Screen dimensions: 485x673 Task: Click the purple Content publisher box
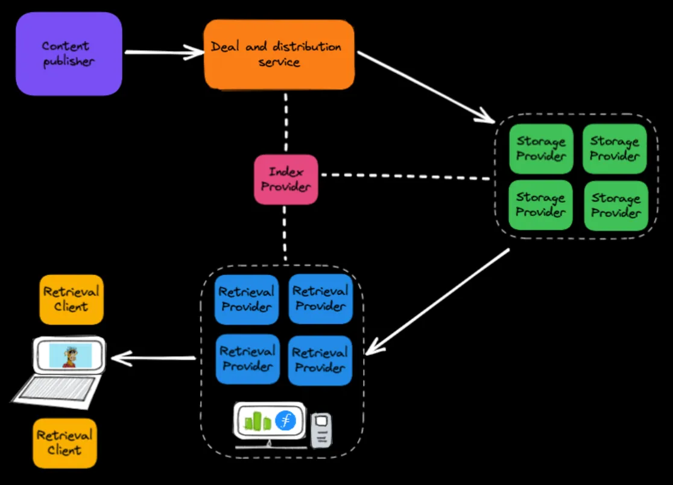(69, 54)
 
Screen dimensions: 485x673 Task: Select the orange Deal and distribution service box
(279, 54)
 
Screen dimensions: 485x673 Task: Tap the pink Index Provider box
(285, 179)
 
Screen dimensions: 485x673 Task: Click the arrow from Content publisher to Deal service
(163, 53)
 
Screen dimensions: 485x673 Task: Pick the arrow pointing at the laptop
(154, 359)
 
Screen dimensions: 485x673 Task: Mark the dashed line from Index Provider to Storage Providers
(404, 176)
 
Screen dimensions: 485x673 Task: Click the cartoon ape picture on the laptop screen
(72, 355)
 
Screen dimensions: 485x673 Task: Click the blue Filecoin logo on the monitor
(286, 420)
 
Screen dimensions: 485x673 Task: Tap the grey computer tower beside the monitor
(321, 430)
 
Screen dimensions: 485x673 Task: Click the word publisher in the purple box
(69, 62)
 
